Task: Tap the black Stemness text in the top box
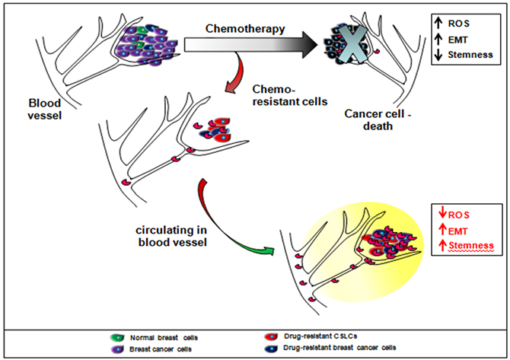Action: click(468, 55)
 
